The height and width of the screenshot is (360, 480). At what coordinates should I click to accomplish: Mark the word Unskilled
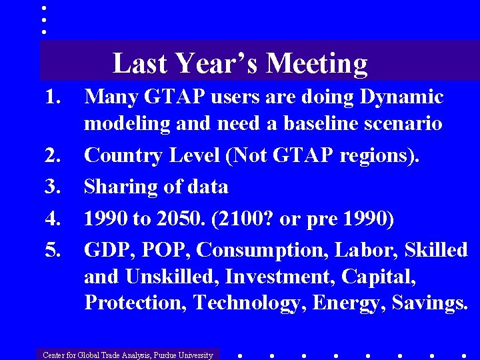click(175, 276)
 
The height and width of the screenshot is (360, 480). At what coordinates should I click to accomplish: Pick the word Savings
click(429, 303)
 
